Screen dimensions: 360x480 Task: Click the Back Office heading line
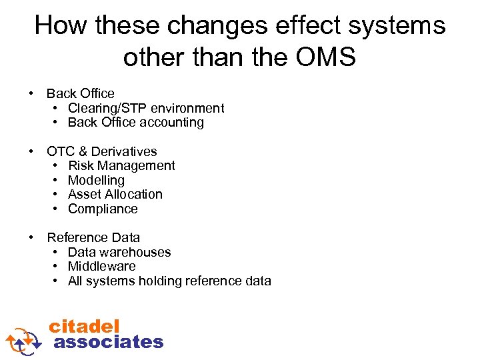coord(80,93)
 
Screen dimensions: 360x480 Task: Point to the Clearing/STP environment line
coord(145,108)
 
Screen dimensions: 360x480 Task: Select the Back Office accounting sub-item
coord(135,122)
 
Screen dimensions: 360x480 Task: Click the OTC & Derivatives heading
coord(101,151)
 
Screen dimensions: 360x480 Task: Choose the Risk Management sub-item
coord(121,165)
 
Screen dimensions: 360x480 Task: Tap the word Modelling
coord(96,180)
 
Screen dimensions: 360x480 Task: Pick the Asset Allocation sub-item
coord(115,194)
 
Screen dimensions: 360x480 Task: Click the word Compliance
coord(103,209)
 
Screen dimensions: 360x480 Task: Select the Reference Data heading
coord(93,237)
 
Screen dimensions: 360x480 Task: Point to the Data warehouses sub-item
coord(119,252)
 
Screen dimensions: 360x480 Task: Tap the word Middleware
coord(101,266)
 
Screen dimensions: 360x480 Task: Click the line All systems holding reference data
coord(169,281)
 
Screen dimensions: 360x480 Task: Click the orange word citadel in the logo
coord(84,326)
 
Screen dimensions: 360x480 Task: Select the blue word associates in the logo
coord(108,342)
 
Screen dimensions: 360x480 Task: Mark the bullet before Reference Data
coord(31,237)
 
